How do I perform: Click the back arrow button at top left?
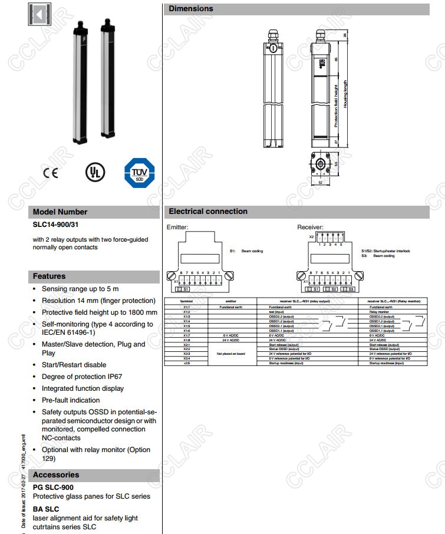tap(39, 15)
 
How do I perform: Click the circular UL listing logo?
tap(94, 173)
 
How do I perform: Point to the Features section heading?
tap(49, 276)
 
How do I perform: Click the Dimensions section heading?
tap(191, 9)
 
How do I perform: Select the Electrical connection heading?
tap(208, 211)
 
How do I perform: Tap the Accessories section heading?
tap(56, 474)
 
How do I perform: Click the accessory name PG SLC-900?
tap(53, 487)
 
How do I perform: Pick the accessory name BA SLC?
tap(46, 509)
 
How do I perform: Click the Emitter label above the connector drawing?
tap(177, 227)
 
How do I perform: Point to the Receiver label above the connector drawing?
tap(310, 227)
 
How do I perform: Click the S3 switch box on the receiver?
tap(349, 289)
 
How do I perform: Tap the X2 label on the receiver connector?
tap(312, 236)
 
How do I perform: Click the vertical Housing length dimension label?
tap(345, 97)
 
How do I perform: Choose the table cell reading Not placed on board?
tap(231, 354)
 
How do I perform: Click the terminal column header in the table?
tap(186, 301)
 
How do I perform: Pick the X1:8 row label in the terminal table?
tap(186, 340)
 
